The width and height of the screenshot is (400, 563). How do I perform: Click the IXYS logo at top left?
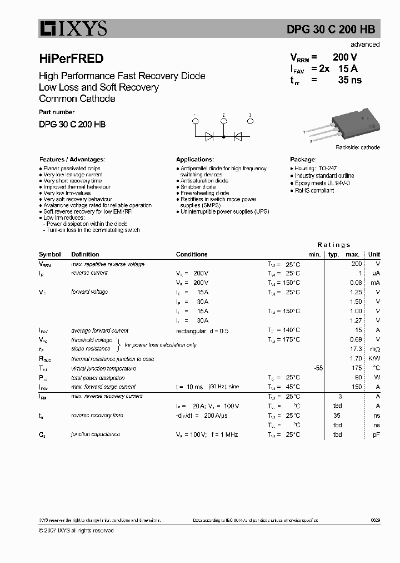(x=73, y=28)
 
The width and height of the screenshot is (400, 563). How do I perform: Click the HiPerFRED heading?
(x=71, y=58)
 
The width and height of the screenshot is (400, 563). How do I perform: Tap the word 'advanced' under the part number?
(x=365, y=45)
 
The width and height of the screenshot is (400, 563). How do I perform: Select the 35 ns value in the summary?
(x=350, y=80)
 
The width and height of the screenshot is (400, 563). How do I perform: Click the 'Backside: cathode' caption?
(x=357, y=147)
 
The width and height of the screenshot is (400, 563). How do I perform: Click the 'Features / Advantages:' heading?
(x=72, y=159)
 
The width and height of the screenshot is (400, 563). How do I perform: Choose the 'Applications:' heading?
(x=195, y=159)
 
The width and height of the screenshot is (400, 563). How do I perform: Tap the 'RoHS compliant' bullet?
(x=314, y=191)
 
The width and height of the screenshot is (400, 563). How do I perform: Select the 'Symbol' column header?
(x=50, y=254)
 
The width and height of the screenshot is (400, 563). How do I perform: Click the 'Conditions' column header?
(x=192, y=254)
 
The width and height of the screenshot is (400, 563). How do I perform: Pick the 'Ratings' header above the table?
(x=334, y=245)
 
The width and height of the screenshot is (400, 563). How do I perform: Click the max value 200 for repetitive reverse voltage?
(x=356, y=264)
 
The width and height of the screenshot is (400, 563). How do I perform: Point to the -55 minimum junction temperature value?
(x=318, y=368)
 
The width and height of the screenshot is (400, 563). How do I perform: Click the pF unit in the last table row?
(x=376, y=434)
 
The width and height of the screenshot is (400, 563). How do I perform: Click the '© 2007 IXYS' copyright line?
(x=76, y=531)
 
